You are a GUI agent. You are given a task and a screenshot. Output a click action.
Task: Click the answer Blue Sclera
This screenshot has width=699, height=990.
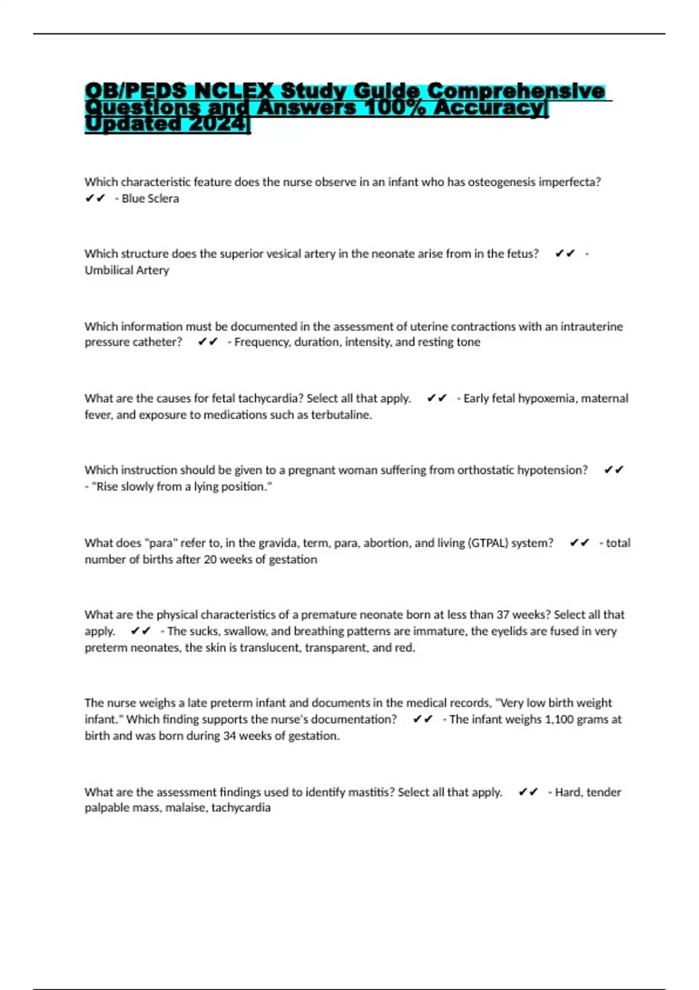click(x=150, y=199)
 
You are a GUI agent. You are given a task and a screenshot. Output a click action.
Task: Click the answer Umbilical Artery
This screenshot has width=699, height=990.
click(x=126, y=270)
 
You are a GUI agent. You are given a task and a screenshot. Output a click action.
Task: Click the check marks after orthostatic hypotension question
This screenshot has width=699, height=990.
click(x=614, y=470)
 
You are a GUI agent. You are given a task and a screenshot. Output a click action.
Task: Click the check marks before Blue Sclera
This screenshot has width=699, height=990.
click(x=95, y=199)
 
